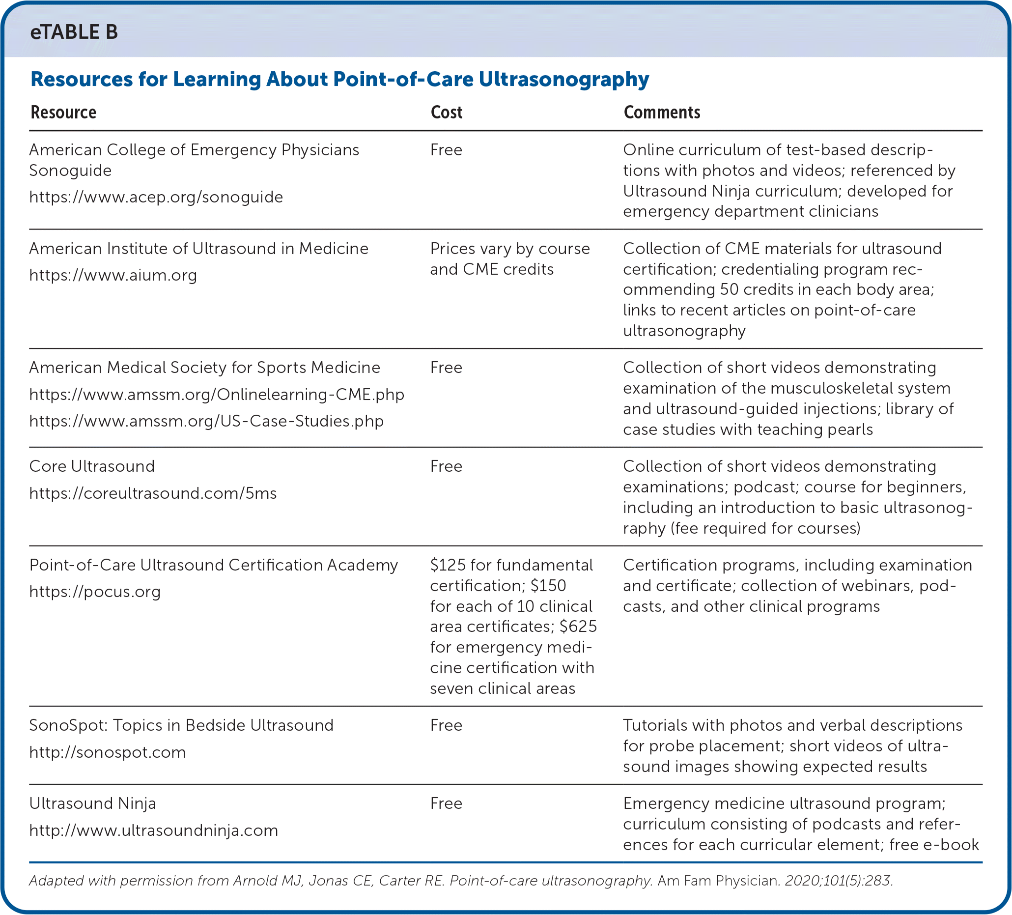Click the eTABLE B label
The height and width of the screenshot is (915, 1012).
coord(74,32)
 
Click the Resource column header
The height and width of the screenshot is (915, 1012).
coord(63,113)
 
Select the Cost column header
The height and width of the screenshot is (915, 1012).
coord(446,113)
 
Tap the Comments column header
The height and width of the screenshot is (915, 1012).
coord(662,113)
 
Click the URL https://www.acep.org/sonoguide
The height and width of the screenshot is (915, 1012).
coord(156,197)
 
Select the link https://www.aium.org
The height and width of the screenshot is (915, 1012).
coord(113,275)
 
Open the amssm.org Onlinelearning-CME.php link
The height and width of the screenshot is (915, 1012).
coord(216,394)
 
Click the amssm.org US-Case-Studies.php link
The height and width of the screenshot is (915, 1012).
coord(206,421)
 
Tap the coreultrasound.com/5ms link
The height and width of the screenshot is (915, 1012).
coord(153,493)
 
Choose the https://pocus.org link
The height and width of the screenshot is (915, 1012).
coord(95,592)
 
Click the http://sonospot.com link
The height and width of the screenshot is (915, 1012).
coord(108,752)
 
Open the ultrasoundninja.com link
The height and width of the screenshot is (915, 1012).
coord(154,830)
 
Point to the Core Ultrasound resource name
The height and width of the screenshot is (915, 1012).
coord(92,466)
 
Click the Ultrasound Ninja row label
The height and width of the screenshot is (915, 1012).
coord(92,803)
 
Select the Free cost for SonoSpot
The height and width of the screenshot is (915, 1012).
coord(446,725)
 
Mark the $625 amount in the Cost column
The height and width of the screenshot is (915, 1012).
coord(578,626)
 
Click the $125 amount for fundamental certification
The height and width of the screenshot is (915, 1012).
coord(448,565)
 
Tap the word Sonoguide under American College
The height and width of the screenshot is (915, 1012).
coord(70,171)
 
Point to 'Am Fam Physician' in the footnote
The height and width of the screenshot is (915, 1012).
coord(718,881)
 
